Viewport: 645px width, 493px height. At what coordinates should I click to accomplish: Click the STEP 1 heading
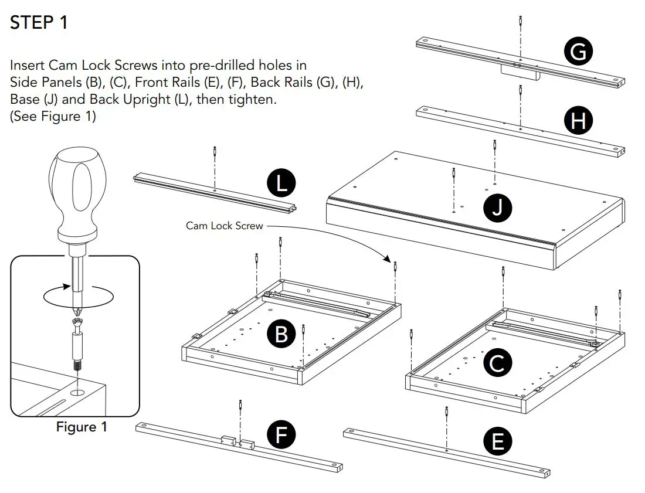pyautogui.click(x=39, y=23)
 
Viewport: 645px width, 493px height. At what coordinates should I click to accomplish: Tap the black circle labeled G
pyautogui.click(x=578, y=52)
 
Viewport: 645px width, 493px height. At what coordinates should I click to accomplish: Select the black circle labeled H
pyautogui.click(x=578, y=121)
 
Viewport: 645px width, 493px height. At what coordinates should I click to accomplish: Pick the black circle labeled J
pyautogui.click(x=497, y=208)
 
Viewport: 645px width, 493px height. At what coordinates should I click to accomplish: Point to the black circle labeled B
pyautogui.click(x=281, y=334)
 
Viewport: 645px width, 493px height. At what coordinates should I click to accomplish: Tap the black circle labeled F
pyautogui.click(x=281, y=434)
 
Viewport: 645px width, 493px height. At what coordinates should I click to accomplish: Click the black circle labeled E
pyautogui.click(x=498, y=441)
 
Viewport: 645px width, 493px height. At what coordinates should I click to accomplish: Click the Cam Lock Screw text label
pyautogui.click(x=225, y=225)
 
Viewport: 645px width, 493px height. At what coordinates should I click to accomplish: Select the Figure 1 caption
pyautogui.click(x=82, y=427)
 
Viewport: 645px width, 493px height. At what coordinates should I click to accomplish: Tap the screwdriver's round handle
pyautogui.click(x=73, y=193)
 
